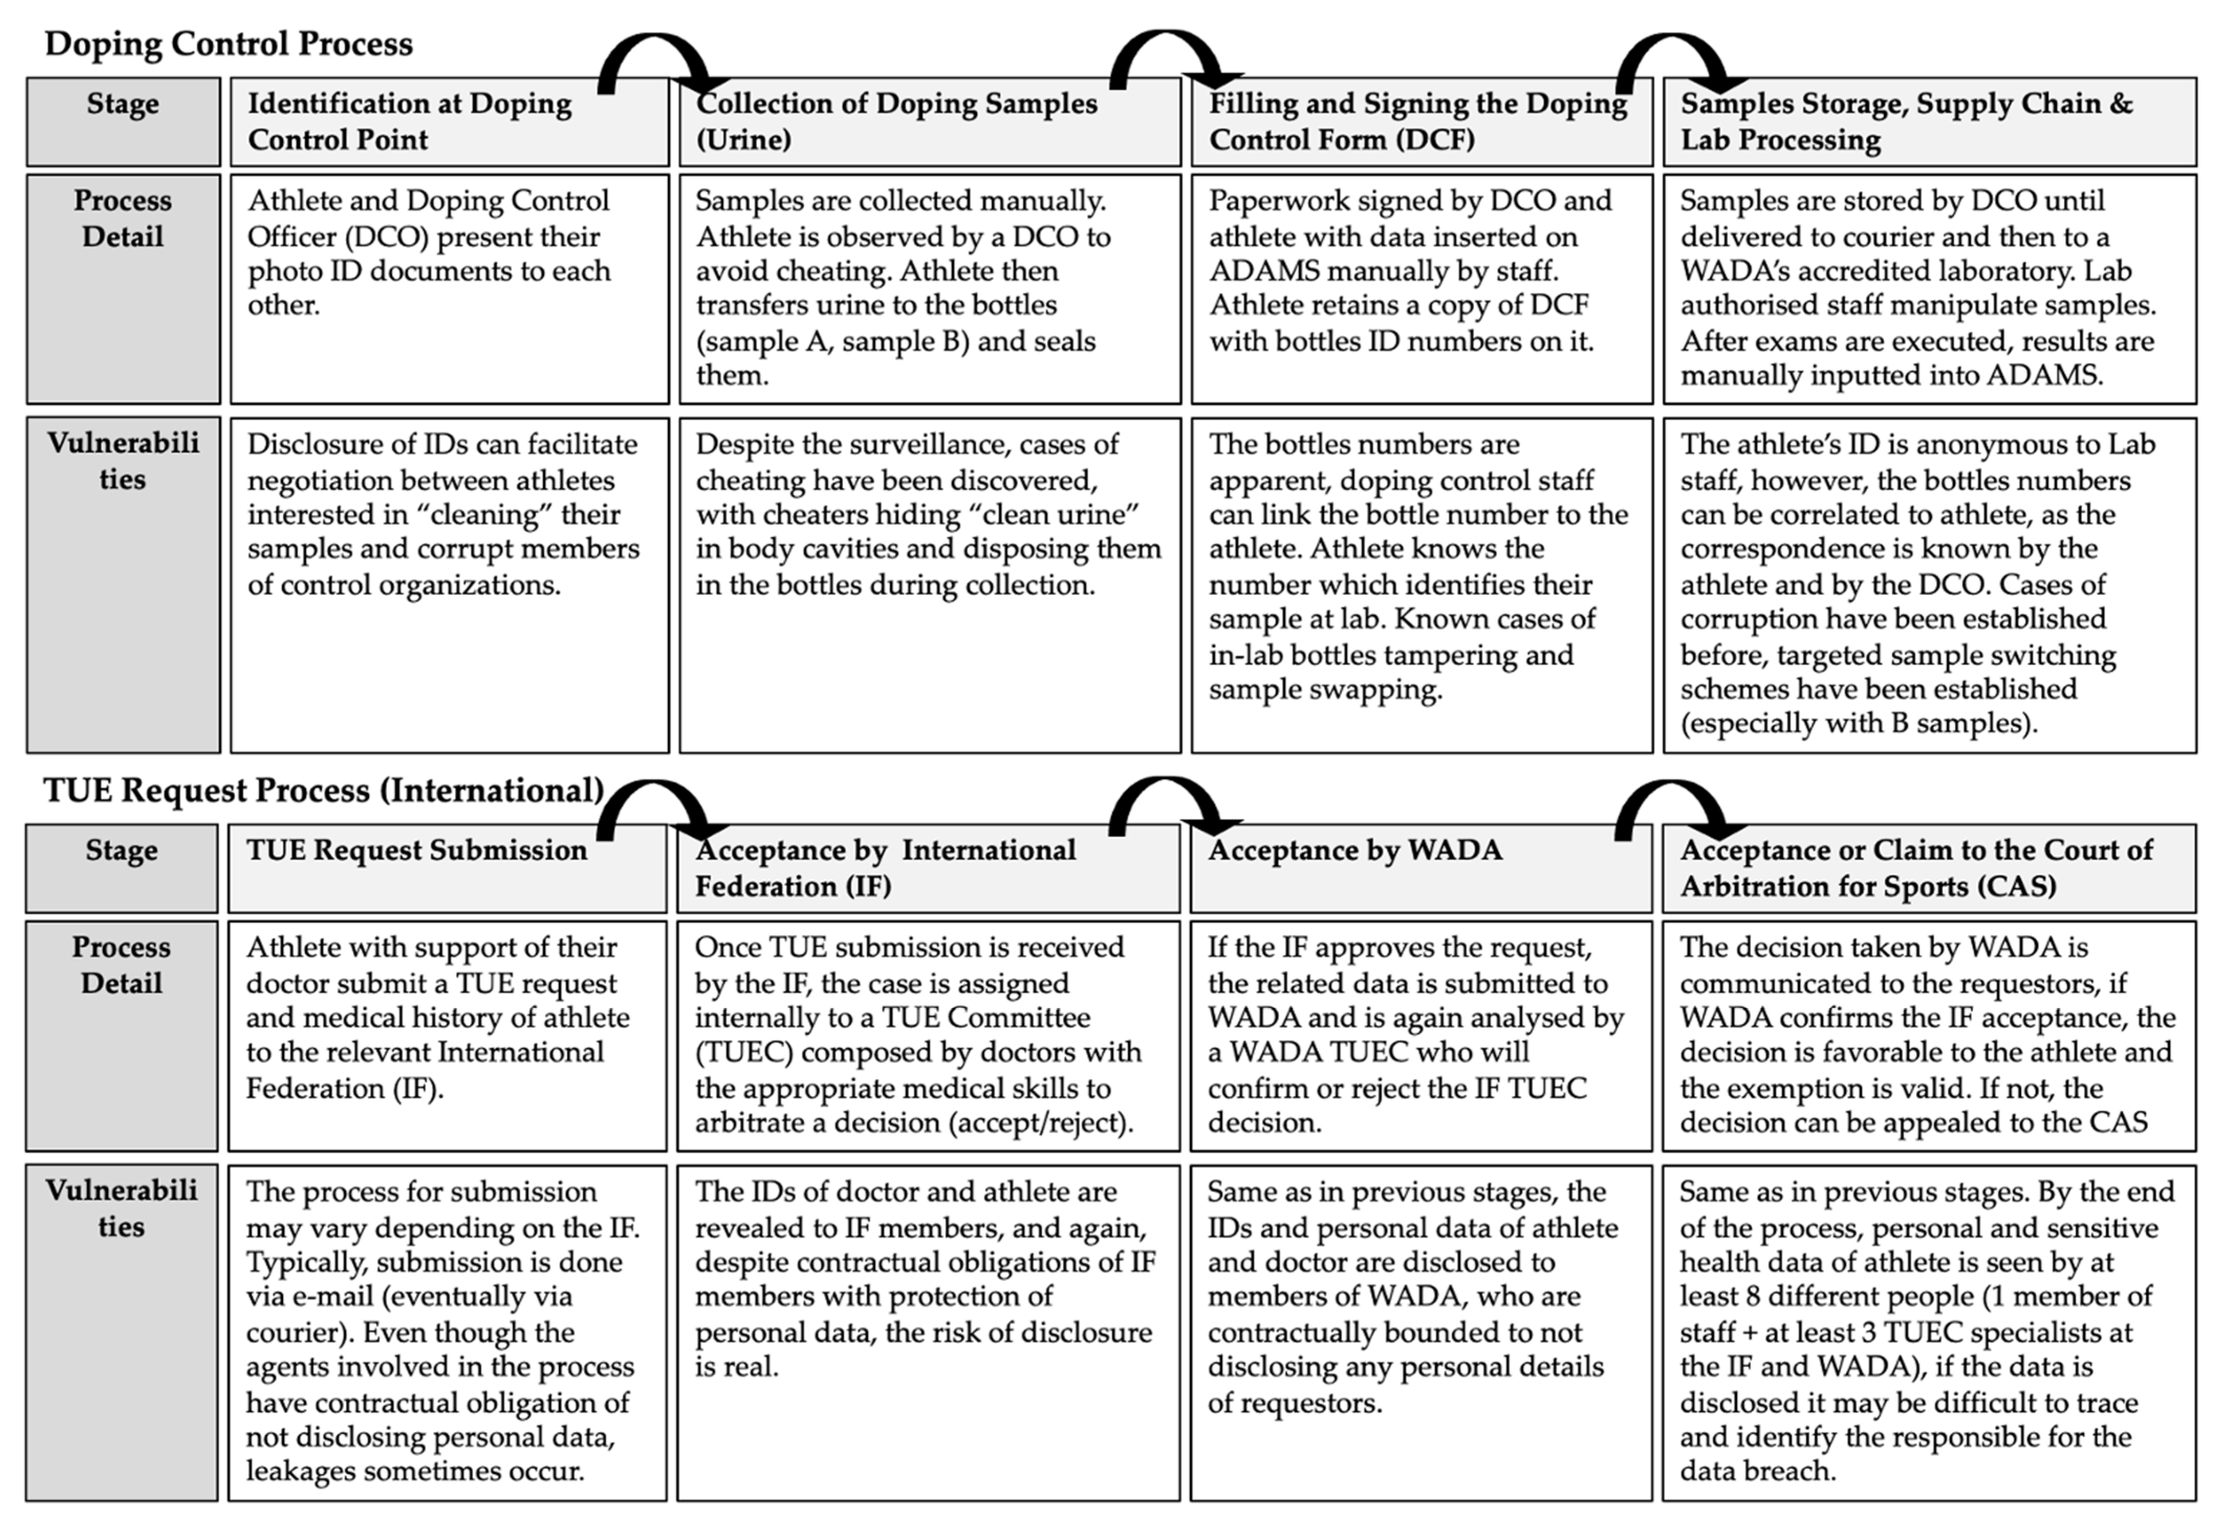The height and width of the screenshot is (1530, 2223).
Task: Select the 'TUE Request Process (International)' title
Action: tap(323, 790)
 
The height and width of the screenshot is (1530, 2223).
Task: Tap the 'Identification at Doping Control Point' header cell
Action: tap(449, 122)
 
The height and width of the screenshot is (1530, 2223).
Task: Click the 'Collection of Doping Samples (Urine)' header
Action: tap(929, 122)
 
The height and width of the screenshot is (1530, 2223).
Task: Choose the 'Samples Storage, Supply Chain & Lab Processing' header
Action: tap(1928, 122)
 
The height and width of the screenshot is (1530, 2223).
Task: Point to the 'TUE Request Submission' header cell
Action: tap(446, 868)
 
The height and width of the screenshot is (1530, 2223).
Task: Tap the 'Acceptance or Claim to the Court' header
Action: tap(1928, 868)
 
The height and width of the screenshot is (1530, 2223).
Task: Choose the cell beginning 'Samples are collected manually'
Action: tap(929, 288)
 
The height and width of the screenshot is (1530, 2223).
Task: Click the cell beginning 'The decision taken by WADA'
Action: tap(1928, 1035)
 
